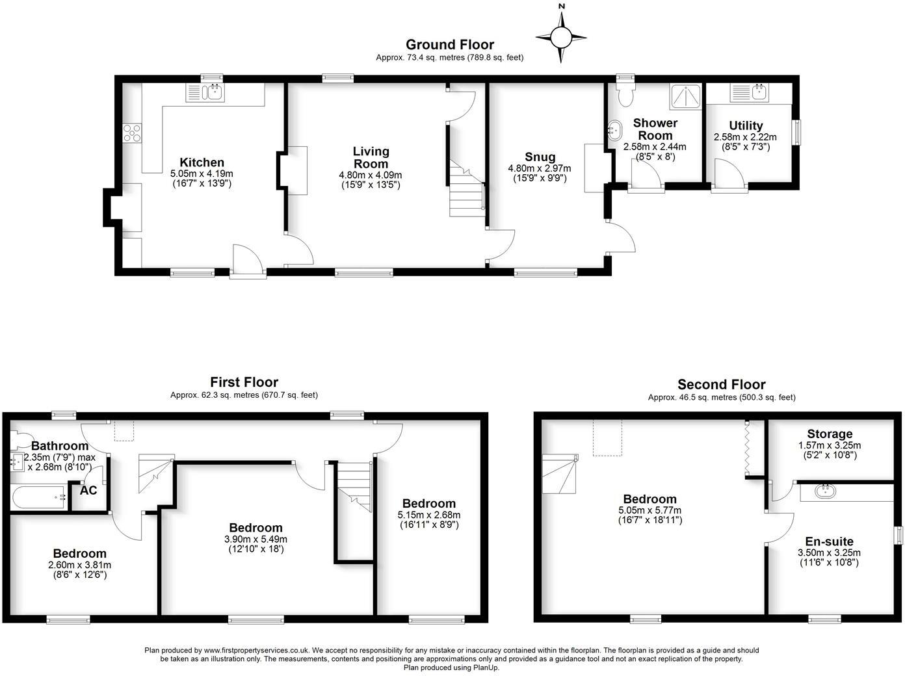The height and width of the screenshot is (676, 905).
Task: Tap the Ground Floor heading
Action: (450, 44)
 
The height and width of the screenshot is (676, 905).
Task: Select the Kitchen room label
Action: (202, 162)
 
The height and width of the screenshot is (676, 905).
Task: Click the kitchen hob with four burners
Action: (133, 133)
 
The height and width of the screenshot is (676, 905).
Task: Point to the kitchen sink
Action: (205, 92)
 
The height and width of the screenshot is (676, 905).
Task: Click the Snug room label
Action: (540, 157)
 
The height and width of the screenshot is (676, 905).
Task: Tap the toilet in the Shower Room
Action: (626, 94)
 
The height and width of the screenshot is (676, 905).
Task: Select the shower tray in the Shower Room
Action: (685, 97)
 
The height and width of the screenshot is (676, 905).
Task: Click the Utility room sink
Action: (750, 92)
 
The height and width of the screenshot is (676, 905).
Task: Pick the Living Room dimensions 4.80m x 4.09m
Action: (371, 175)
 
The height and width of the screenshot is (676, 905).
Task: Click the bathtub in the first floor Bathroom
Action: (39, 497)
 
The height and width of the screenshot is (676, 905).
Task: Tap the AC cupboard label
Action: (88, 490)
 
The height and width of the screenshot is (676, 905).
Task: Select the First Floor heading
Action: (244, 382)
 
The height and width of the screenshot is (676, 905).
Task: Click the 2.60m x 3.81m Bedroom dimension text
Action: (79, 565)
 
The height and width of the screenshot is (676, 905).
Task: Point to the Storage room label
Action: (830, 434)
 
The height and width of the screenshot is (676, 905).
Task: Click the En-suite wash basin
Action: (826, 491)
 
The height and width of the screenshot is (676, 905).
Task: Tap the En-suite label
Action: (829, 541)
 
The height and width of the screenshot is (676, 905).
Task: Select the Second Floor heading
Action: (722, 385)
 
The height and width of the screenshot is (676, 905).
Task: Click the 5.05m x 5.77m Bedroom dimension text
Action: (649, 510)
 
